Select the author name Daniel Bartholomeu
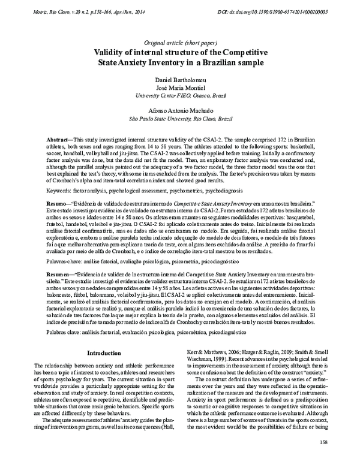pyautogui.click(x=179, y=80)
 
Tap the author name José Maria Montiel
pyautogui.click(x=179, y=88)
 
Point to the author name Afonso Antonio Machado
pyautogui.click(x=179, y=111)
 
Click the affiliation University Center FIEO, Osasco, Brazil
pyautogui.click(x=179, y=95)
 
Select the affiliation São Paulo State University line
pyautogui.click(x=179, y=119)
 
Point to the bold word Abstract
pyautogui.click(x=60, y=139)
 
